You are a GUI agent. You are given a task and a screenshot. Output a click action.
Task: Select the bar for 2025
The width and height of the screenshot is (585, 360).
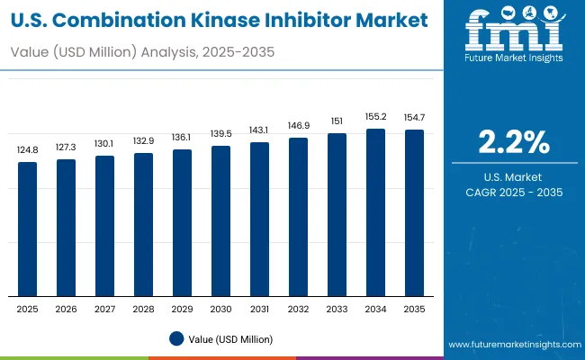coord(28,229)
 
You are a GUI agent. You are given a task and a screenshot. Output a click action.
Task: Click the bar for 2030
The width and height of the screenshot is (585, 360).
coord(220,221)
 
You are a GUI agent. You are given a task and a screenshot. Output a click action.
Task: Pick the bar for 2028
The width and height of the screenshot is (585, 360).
coord(144,225)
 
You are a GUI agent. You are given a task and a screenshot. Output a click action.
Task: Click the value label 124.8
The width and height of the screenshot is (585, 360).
coord(28,149)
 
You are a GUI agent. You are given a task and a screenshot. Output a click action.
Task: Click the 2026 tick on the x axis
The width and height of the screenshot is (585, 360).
coord(67,308)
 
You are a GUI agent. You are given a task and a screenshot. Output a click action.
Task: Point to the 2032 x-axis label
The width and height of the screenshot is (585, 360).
coord(298,308)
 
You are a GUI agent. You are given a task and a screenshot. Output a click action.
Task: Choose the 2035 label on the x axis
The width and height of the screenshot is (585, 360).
coord(414,308)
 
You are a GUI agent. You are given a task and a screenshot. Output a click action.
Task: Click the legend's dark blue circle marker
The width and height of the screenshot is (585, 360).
coord(177,338)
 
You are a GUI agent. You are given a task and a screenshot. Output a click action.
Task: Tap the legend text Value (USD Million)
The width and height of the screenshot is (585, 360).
coord(230,338)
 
